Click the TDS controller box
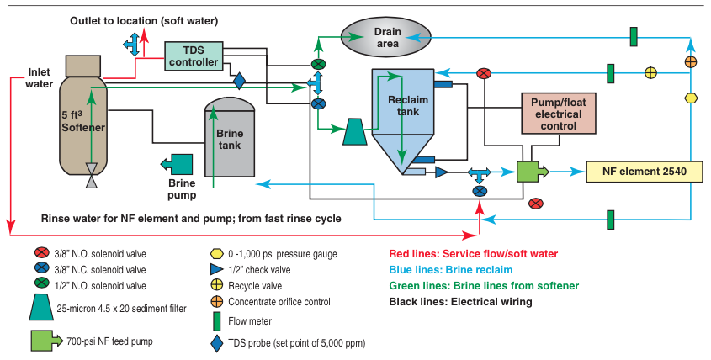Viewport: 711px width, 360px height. click(193, 56)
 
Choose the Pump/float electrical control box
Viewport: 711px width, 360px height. click(552, 113)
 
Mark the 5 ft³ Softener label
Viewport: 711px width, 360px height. click(82, 120)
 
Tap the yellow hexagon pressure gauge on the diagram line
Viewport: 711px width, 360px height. click(691, 98)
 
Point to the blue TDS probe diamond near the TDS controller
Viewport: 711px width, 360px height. click(239, 82)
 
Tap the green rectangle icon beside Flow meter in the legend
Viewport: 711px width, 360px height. click(215, 320)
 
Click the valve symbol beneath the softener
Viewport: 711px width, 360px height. click(91, 180)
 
